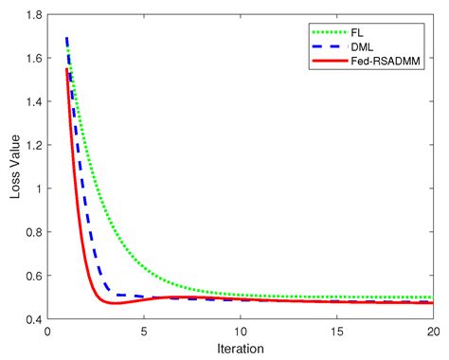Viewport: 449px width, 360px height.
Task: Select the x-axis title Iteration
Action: [240, 350]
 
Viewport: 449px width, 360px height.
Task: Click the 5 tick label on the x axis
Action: [144, 332]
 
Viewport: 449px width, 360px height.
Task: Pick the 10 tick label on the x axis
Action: [240, 332]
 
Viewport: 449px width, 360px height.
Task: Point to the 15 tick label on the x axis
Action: [336, 332]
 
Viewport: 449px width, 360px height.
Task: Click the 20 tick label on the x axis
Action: [432, 332]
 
